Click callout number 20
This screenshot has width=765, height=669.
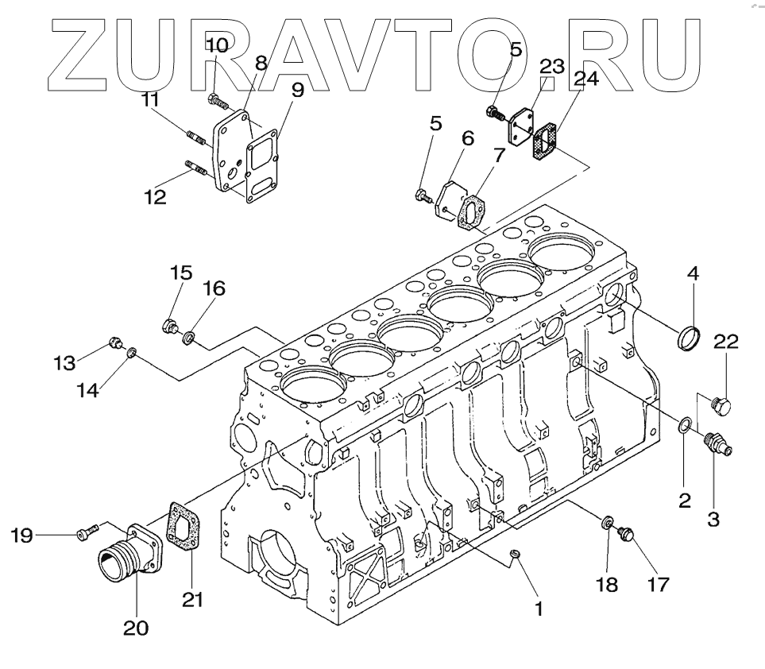click(x=135, y=628)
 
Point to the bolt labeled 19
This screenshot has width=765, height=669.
click(x=86, y=535)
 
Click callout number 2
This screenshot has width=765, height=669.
click(x=684, y=501)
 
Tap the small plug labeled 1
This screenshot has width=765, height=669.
click(x=514, y=553)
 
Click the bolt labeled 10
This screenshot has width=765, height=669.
click(x=217, y=101)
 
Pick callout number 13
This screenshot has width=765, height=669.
click(x=65, y=363)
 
